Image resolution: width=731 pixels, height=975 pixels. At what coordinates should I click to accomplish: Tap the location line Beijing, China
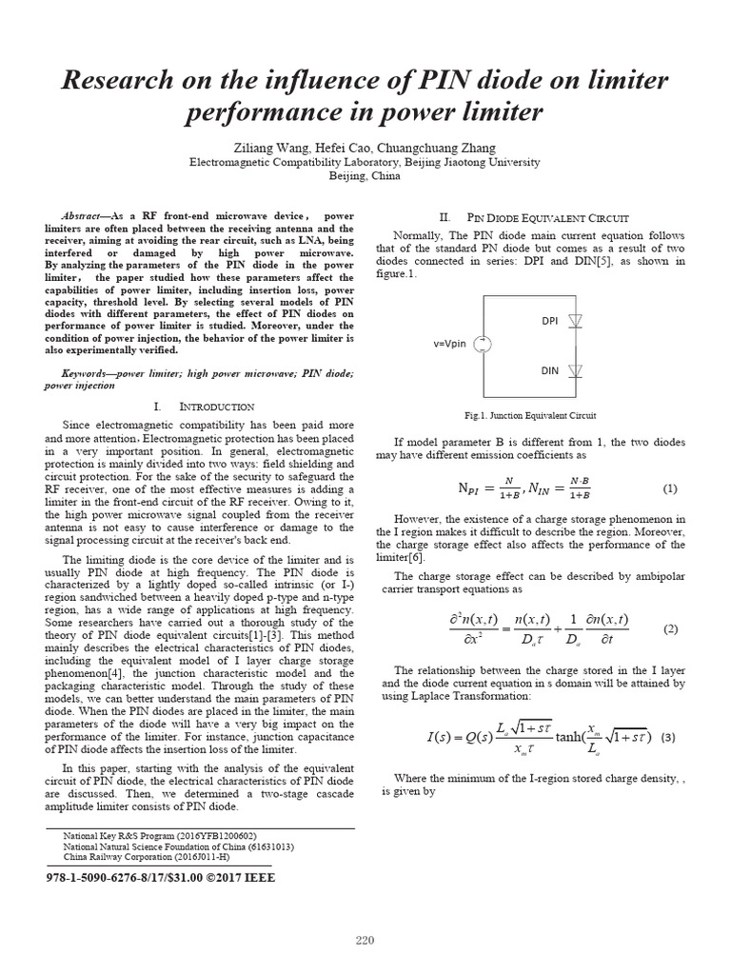365,176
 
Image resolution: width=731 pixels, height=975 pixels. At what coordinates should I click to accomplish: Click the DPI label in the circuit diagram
549,321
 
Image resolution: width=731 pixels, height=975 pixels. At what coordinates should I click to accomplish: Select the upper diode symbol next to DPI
574,322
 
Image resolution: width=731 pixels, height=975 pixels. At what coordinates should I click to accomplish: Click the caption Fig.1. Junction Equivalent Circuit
530,416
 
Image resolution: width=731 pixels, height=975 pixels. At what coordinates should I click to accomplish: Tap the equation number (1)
670,488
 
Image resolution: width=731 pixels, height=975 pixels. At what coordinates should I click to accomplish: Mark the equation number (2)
670,629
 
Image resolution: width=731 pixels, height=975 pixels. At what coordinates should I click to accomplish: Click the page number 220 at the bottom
365,942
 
